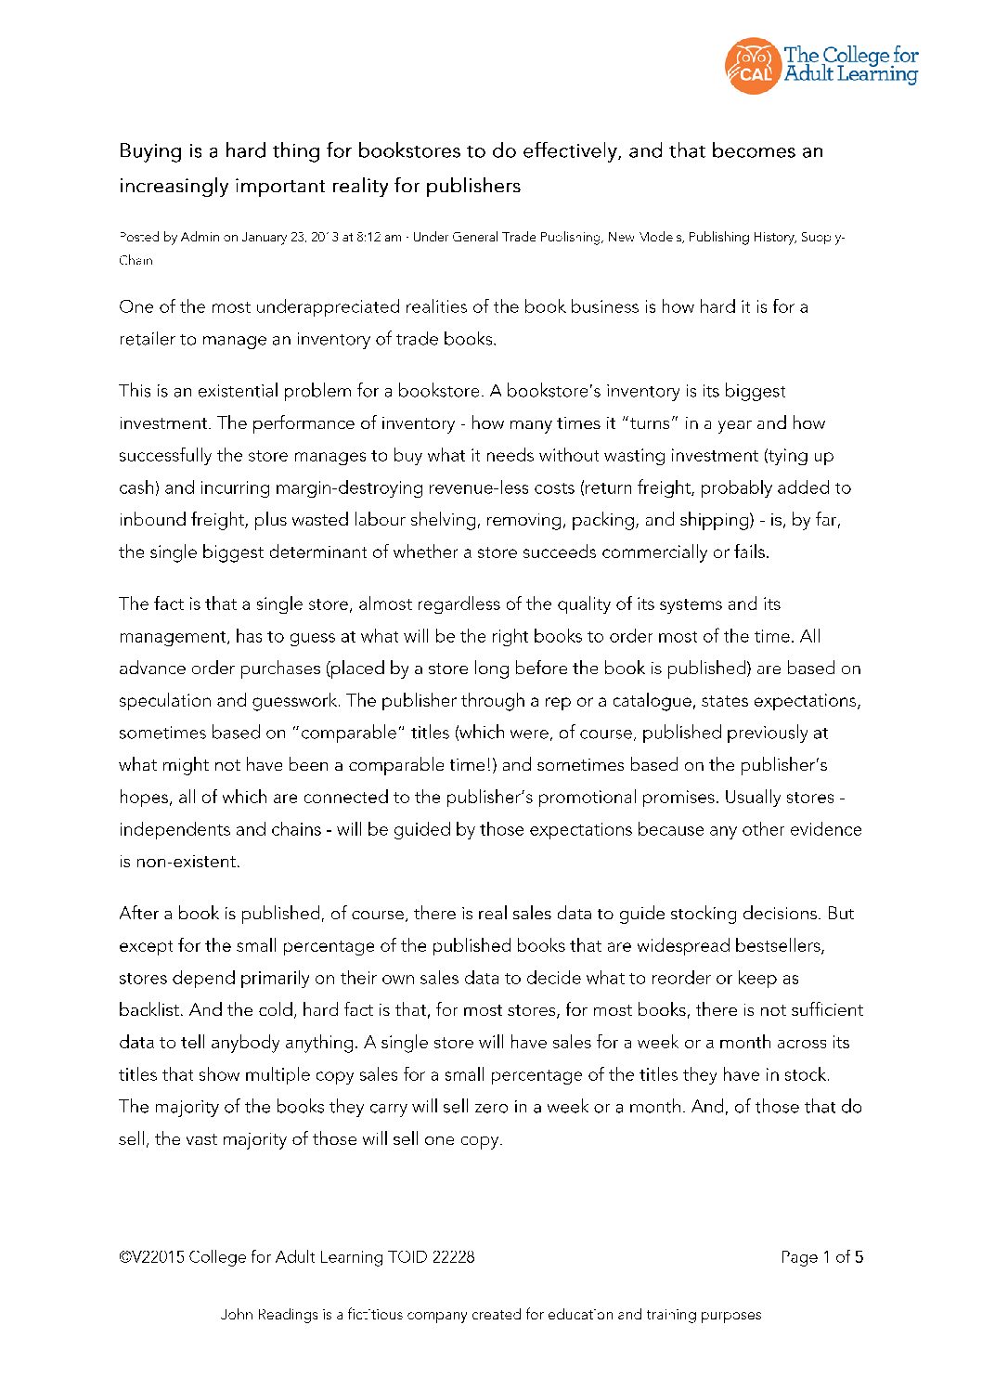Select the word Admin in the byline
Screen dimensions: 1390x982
coord(200,238)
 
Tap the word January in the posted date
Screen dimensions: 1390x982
coord(265,238)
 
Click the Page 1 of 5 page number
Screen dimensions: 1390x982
coord(821,1257)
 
